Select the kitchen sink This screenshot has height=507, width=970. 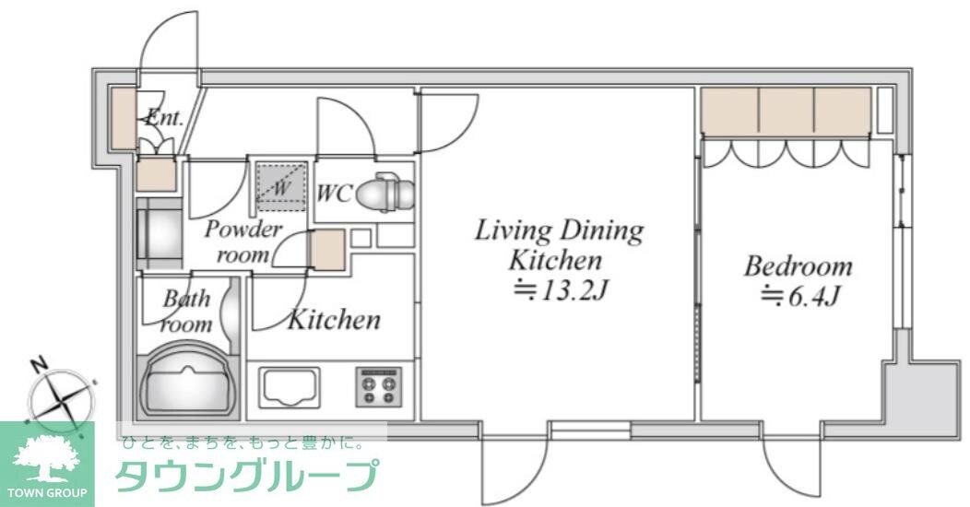(x=289, y=385)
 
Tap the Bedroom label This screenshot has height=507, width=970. (x=798, y=267)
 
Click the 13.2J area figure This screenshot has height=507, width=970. (x=561, y=291)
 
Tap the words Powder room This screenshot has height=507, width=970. (x=242, y=242)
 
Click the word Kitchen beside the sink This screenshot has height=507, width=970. (x=334, y=320)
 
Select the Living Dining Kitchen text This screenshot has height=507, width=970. (x=559, y=244)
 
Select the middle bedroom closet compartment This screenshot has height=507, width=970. (x=787, y=112)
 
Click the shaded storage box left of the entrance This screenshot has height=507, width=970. (x=123, y=117)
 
